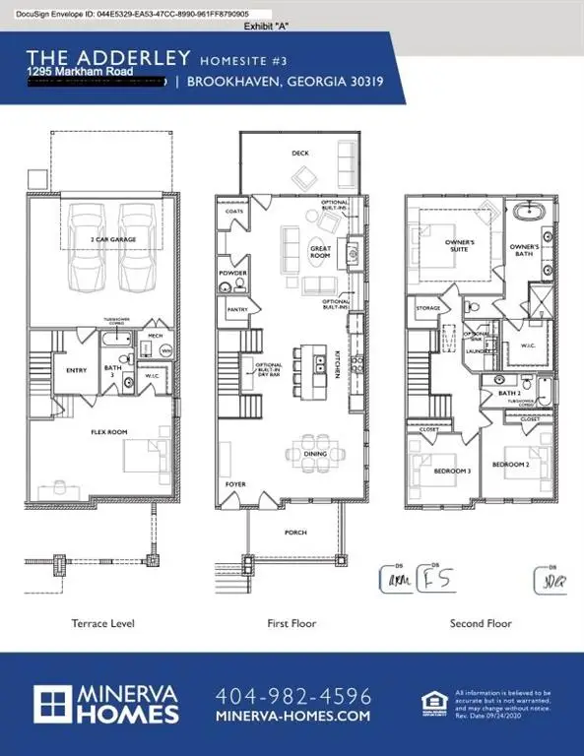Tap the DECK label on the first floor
[x=300, y=154]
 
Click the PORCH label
[x=295, y=533]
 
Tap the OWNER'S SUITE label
[x=460, y=245]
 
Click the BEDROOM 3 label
[x=453, y=471]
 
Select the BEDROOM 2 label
[x=511, y=464]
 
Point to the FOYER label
[x=235, y=484]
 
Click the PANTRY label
[x=236, y=309]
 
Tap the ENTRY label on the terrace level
[x=76, y=370]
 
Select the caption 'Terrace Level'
[x=102, y=623]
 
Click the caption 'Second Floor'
[x=480, y=623]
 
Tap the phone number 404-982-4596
[x=292, y=695]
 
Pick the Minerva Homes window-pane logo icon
[x=60, y=705]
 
